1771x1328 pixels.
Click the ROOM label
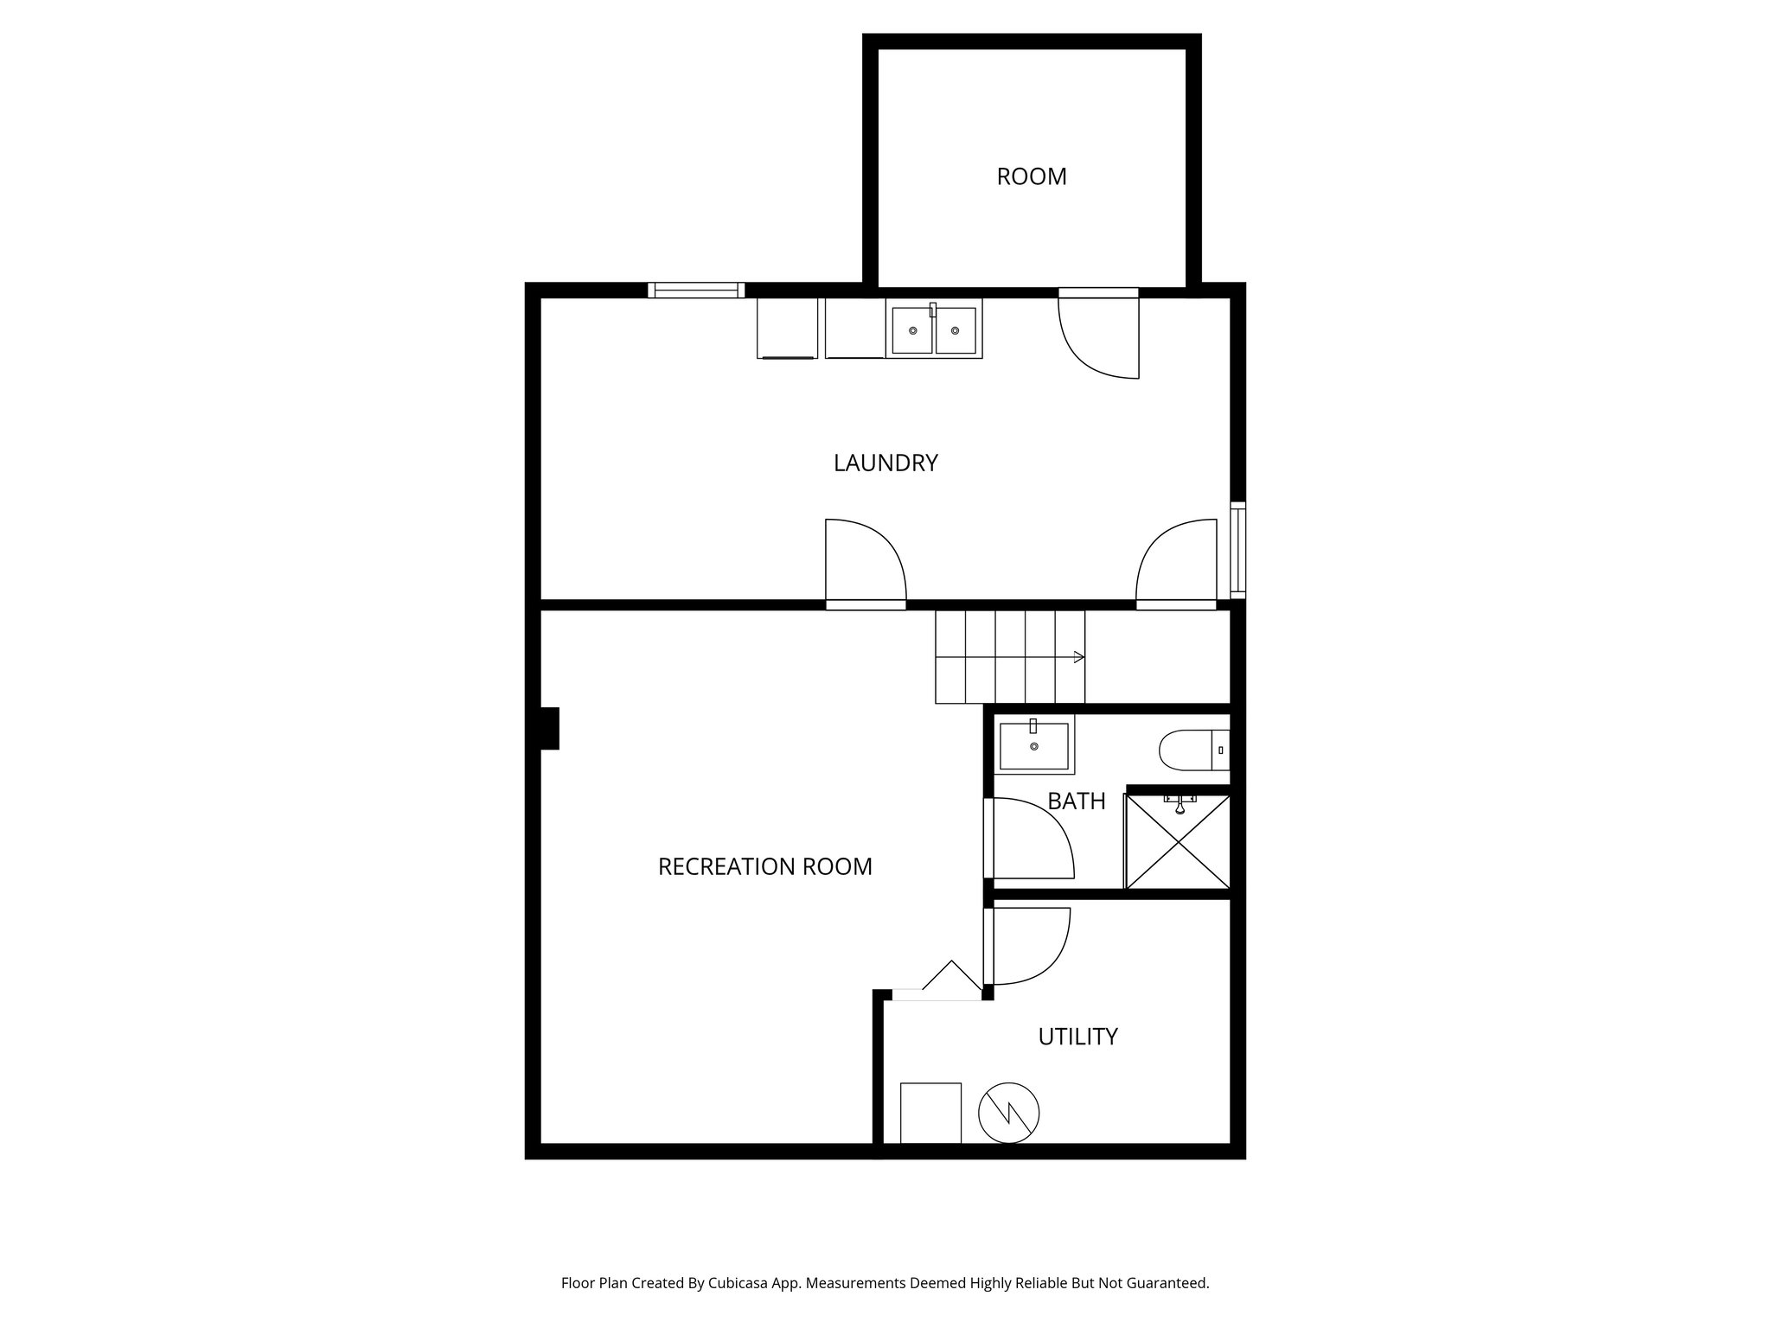1031,176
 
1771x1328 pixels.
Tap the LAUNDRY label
885,463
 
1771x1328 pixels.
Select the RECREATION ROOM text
764,866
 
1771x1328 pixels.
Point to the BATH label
1076,801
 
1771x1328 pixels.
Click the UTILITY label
1077,1036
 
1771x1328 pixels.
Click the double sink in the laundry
934,329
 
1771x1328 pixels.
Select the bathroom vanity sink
1034,746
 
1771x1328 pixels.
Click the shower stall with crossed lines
1178,841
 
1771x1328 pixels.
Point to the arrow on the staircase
1077,658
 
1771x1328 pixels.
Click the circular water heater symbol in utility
1008,1113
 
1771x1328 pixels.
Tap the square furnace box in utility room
930,1113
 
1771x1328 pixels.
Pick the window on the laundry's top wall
696,290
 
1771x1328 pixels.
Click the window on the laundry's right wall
1237,550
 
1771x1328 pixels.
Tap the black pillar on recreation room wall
548,728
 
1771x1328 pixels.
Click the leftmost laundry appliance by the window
787,329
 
